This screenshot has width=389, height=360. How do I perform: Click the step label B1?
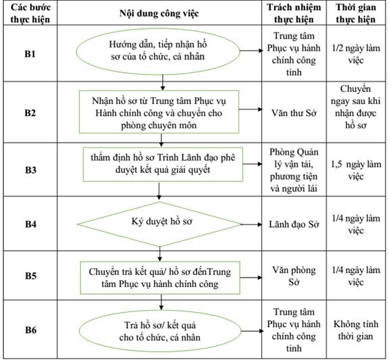coord(30,53)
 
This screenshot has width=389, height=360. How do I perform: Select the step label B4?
coord(30,224)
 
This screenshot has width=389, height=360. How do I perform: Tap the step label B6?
coord(30,330)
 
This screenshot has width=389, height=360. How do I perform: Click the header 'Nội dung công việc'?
coord(159,13)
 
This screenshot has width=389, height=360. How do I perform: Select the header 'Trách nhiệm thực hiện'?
coord(294,13)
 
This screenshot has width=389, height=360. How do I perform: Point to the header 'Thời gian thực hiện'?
coord(356,13)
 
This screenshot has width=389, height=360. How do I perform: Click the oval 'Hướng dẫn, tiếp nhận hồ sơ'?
coord(158,51)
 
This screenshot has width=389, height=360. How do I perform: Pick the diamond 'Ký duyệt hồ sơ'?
coord(159,224)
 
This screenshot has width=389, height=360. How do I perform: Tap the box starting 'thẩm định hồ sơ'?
coord(163,164)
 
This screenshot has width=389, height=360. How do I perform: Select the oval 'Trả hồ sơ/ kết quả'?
coord(160,331)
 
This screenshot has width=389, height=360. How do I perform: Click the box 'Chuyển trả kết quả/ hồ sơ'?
coord(160,278)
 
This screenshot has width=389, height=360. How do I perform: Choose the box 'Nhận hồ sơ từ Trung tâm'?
coord(159,111)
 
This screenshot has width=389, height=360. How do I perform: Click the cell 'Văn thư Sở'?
coord(294,113)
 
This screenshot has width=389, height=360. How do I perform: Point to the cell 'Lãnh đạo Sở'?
coord(294,224)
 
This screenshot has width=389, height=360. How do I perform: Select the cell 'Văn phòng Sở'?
coord(294,276)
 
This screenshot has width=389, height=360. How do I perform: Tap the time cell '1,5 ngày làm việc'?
coord(356,170)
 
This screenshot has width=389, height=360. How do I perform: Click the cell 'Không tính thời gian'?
coord(356,330)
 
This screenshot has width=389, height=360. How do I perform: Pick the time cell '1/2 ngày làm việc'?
coord(356,54)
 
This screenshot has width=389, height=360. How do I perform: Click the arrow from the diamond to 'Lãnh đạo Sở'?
coord(251,224)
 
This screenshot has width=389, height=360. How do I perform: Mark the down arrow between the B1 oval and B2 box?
coord(163,82)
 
